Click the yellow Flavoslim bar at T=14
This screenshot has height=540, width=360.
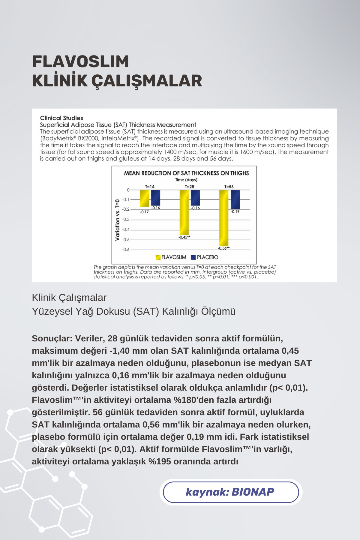coord(144,198)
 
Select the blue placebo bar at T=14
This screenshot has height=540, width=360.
coord(155,198)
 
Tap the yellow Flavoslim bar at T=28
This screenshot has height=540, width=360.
coord(184,212)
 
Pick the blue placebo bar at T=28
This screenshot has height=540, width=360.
coord(195,198)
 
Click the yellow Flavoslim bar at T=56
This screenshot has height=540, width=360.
coord(224,218)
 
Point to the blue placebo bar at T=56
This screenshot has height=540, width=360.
coord(235,199)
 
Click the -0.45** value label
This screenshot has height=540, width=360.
coord(184,237)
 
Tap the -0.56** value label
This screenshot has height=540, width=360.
coord(224,248)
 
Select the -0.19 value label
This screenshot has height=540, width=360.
coord(235,212)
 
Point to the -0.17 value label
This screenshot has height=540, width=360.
coord(144,212)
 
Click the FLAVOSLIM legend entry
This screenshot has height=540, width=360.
coord(171,257)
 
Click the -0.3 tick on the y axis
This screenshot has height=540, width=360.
coord(126,220)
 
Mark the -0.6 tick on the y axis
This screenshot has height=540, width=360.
coord(126,250)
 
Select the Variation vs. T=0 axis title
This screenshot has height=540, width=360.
coord(118,220)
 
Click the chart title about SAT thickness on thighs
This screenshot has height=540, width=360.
coord(186,173)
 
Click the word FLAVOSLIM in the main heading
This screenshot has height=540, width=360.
coord(80,62)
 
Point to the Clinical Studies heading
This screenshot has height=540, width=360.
coord(61,118)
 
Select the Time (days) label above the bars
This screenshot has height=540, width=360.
coord(186,180)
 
